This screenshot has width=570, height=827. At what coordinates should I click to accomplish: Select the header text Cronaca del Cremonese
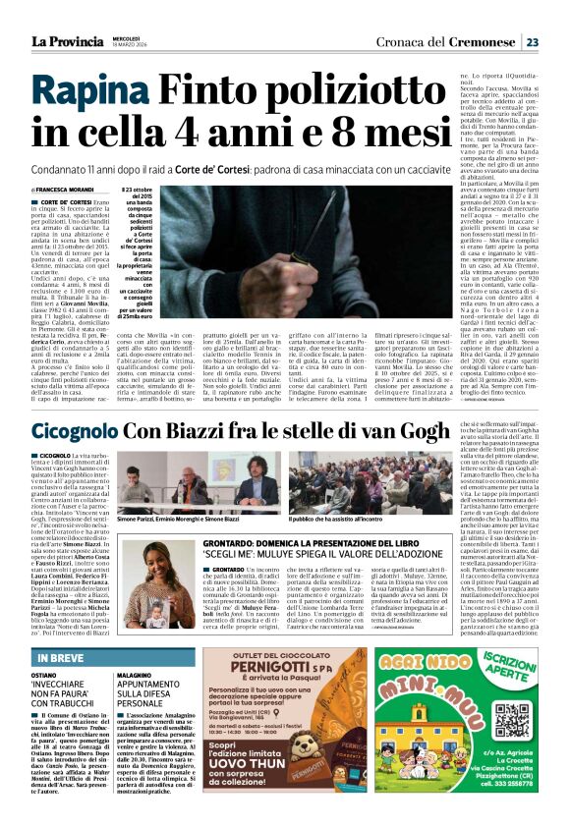449,42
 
